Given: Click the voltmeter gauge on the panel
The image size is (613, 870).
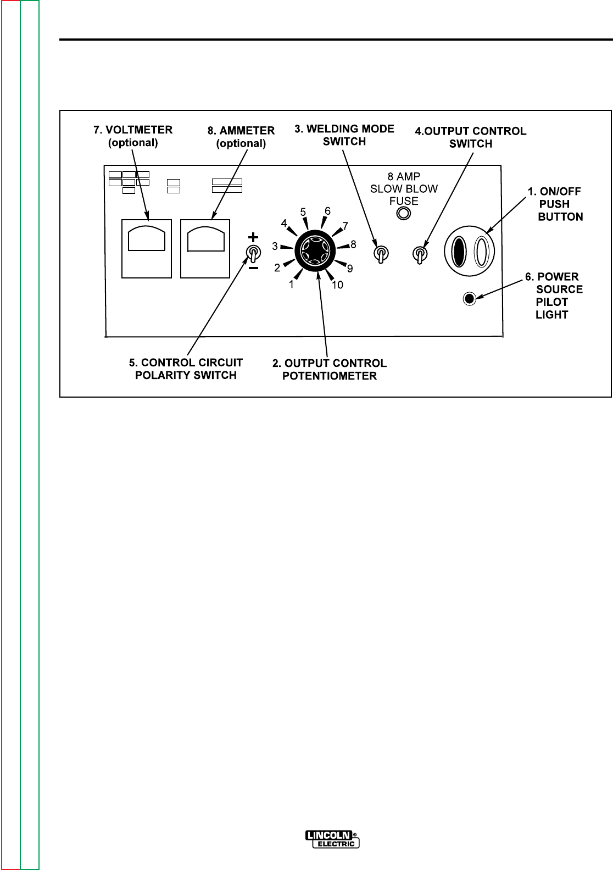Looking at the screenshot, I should pyautogui.click(x=147, y=248).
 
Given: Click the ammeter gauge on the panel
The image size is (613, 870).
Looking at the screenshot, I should pyautogui.click(x=205, y=248).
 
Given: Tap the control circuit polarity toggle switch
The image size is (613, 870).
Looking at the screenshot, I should pyautogui.click(x=253, y=253).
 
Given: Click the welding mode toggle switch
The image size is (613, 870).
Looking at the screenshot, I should pyautogui.click(x=381, y=253).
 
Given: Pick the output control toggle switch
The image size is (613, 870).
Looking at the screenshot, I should pyautogui.click(x=420, y=254).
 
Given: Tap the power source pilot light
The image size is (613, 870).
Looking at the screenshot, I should pyautogui.click(x=469, y=299).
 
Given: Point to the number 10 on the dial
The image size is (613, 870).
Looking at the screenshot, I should pyautogui.click(x=337, y=285).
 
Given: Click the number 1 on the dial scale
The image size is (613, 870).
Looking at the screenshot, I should pyautogui.click(x=292, y=285).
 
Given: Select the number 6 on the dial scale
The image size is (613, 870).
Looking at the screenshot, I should pyautogui.click(x=327, y=211).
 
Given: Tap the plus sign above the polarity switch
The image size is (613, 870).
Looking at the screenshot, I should pyautogui.click(x=253, y=237).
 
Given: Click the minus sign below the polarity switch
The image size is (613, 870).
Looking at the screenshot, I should pyautogui.click(x=253, y=269).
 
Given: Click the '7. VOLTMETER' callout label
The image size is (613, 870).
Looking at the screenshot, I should pyautogui.click(x=132, y=136).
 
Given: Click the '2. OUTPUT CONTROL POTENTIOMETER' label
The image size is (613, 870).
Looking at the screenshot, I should pyautogui.click(x=330, y=370).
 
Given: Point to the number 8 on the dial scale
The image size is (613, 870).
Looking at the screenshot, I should pyautogui.click(x=353, y=244).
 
